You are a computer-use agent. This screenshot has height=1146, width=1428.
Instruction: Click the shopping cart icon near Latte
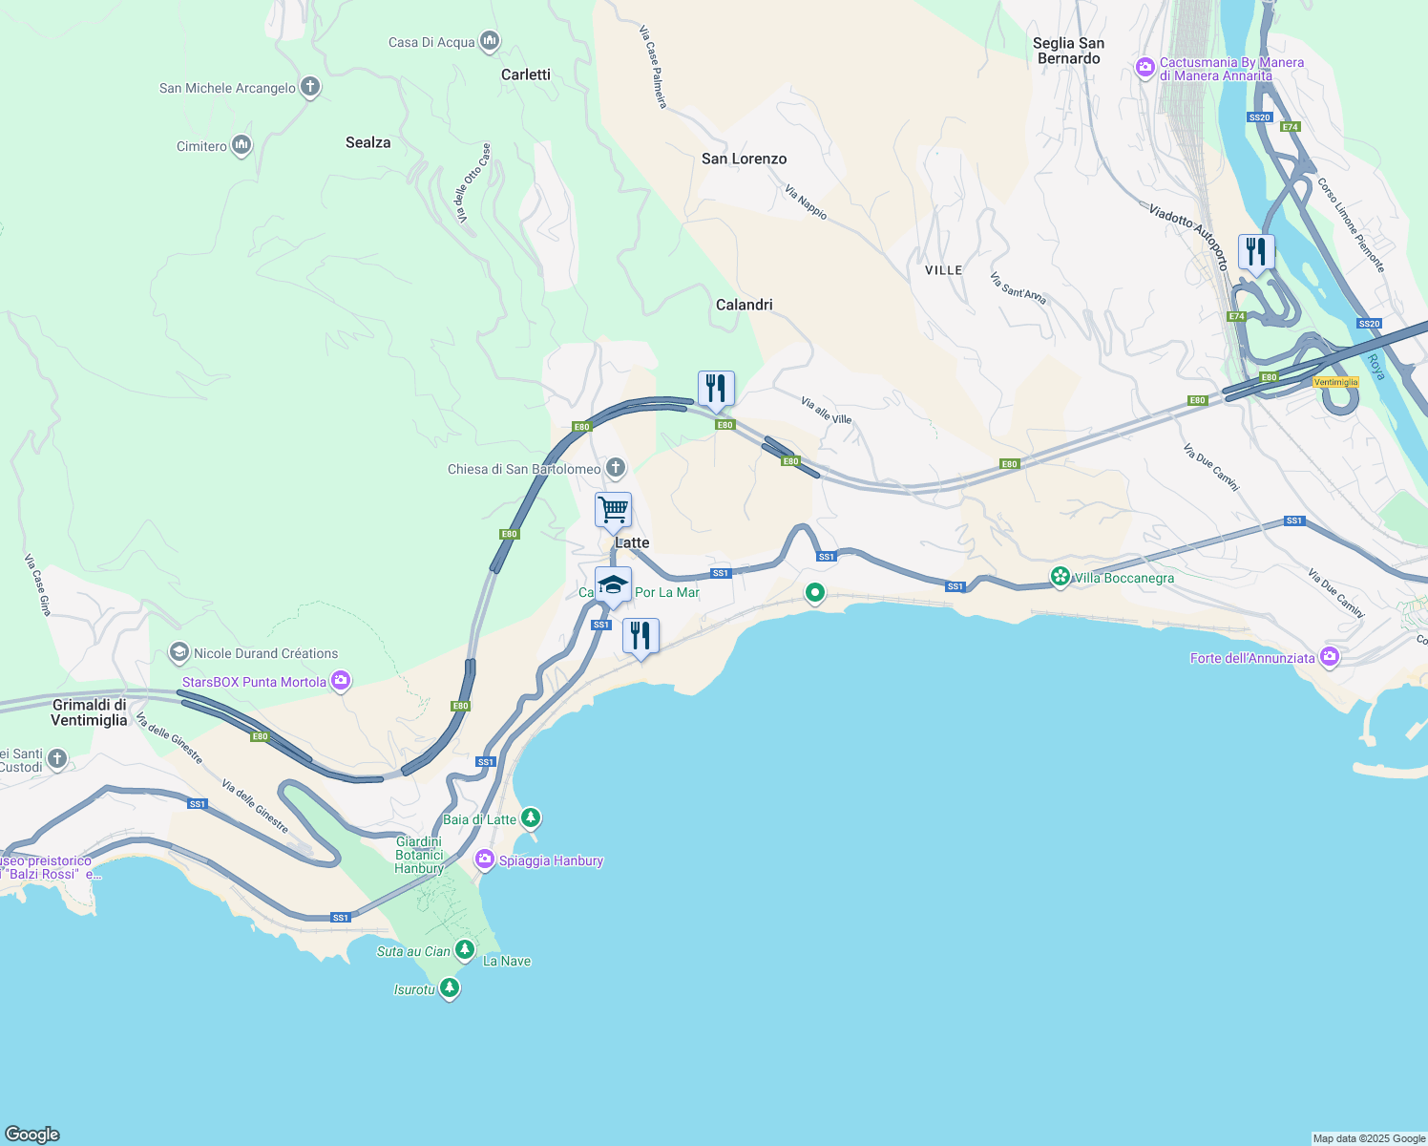point(613,510)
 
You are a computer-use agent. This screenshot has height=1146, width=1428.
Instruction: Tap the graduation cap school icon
point(613,584)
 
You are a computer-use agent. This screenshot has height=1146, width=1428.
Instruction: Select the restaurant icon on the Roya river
point(1256,252)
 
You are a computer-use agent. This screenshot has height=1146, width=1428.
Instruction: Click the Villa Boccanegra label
point(1123,578)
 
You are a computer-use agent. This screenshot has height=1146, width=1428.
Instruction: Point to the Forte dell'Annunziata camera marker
point(1330,657)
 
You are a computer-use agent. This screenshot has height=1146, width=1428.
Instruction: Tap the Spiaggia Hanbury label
point(551,860)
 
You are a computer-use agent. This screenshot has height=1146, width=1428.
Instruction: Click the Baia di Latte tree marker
point(531,818)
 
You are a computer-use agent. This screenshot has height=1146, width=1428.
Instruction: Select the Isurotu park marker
point(450,988)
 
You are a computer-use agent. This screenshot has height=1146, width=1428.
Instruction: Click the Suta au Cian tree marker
point(465,950)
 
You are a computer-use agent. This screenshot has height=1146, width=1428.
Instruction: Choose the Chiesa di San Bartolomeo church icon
point(616,468)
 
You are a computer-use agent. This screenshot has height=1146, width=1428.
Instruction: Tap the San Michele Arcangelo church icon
point(309,87)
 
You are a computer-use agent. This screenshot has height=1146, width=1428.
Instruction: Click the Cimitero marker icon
point(241,145)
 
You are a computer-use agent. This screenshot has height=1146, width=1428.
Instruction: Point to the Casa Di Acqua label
point(431,42)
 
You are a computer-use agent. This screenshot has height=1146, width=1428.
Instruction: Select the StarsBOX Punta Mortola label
point(254,682)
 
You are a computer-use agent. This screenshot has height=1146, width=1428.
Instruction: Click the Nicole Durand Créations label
point(265,653)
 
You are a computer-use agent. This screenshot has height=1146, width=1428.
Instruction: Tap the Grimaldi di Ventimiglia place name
point(89,712)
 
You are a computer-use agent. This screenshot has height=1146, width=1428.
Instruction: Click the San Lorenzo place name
point(744,159)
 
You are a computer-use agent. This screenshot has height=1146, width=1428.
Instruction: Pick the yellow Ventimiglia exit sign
point(1335,382)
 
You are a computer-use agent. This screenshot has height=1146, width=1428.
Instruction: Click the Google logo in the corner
point(32,1134)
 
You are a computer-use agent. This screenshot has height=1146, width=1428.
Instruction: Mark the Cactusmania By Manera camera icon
point(1144,68)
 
